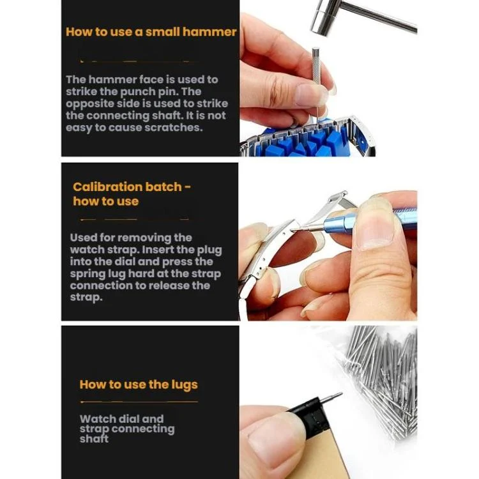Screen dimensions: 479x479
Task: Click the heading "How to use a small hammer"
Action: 151,32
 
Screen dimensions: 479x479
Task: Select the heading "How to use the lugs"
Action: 139,384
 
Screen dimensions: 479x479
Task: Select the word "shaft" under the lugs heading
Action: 94,439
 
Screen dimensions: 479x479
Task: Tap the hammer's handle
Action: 379,17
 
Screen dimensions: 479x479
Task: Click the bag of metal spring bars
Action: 382,379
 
